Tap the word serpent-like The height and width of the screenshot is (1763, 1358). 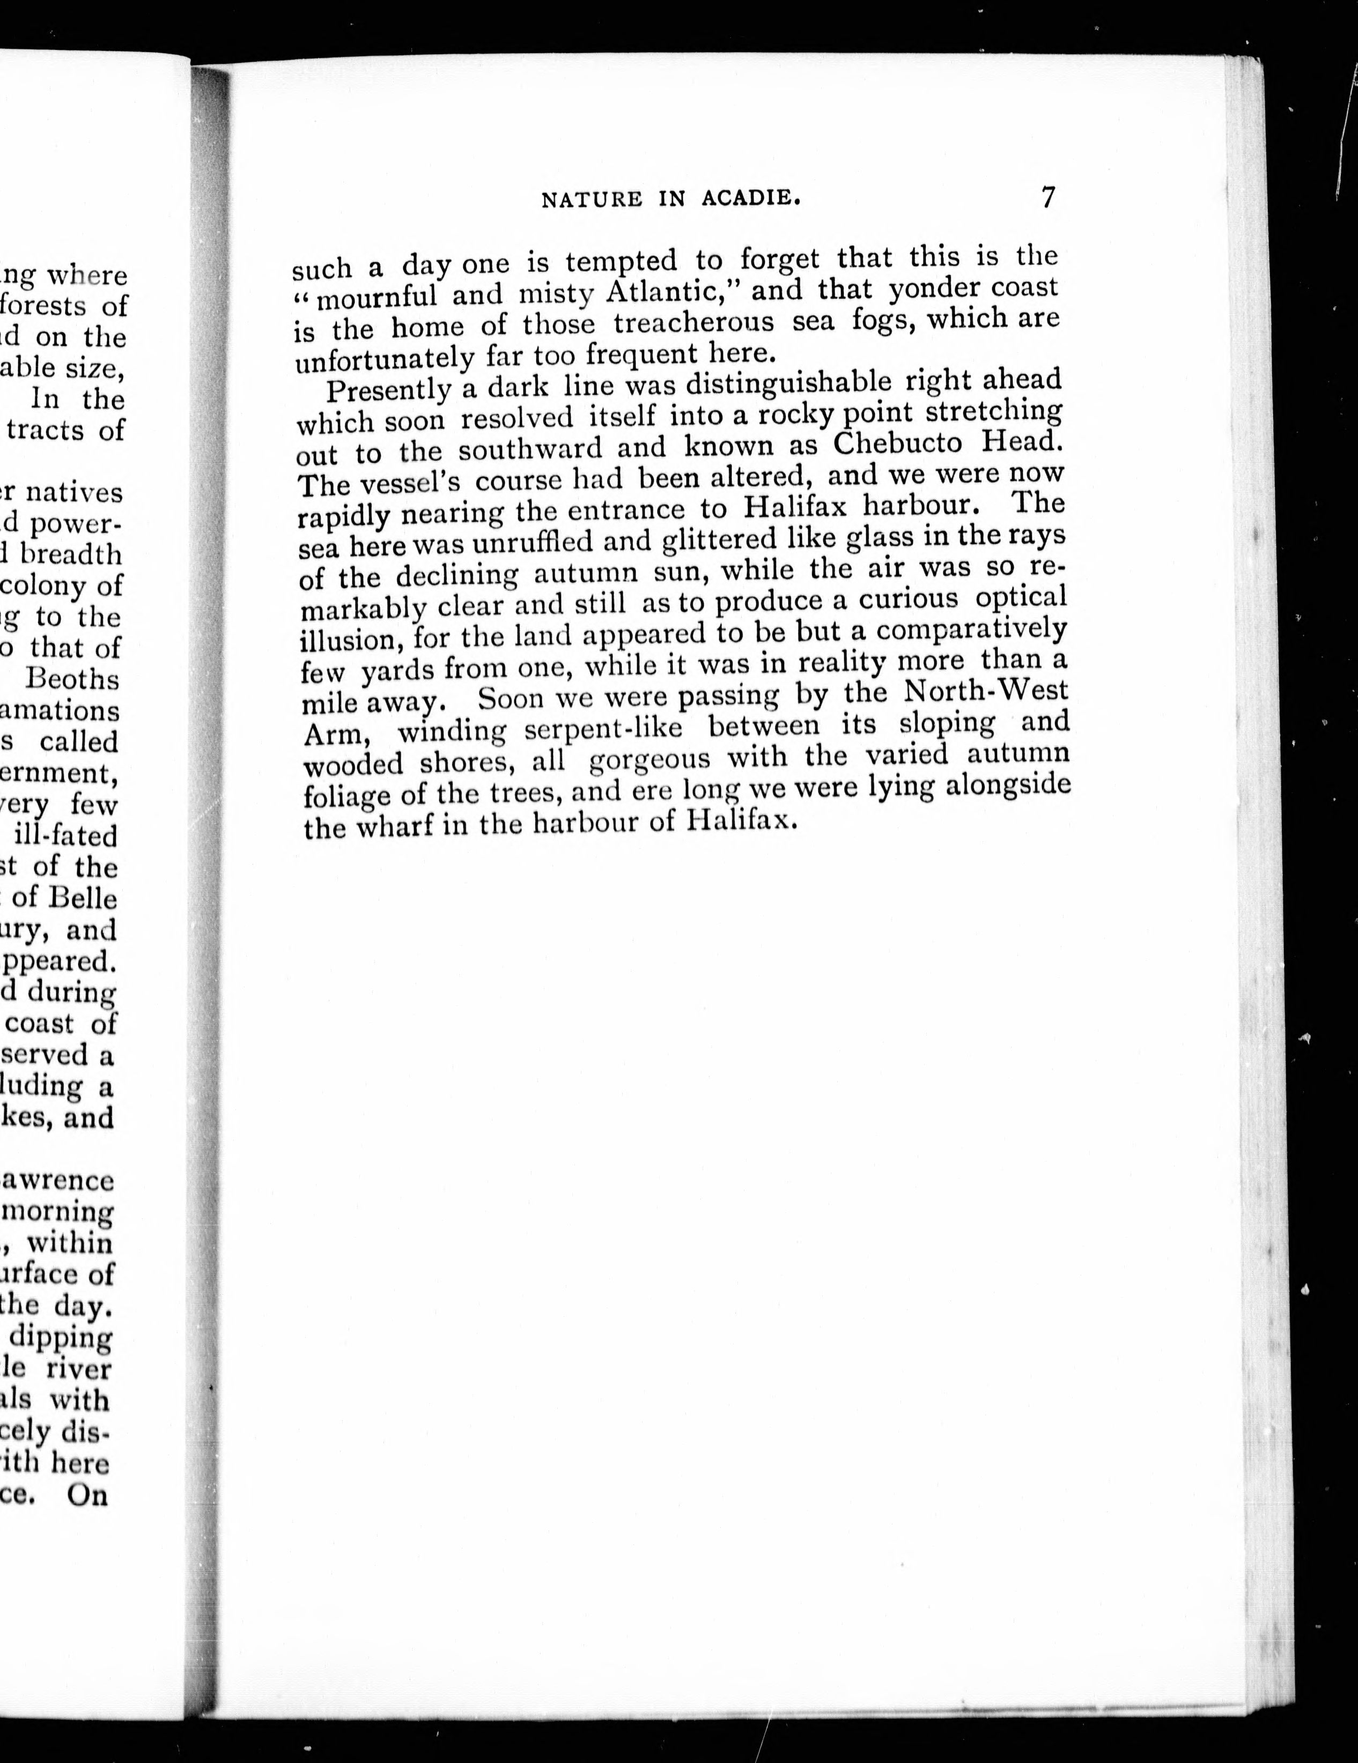(x=603, y=728)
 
